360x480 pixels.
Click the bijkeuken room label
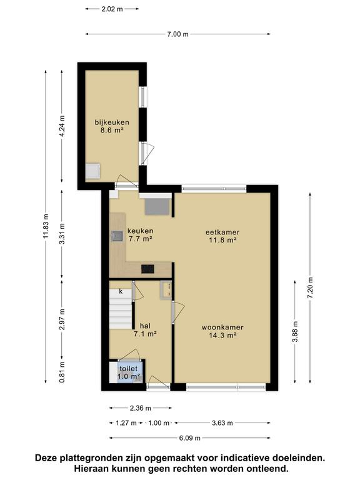tap(112, 122)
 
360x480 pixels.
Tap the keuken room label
tap(141, 231)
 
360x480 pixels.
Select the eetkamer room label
tap(222, 232)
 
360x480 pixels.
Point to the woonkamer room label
tap(222, 327)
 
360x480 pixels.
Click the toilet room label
tap(129, 369)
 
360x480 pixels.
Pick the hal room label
tap(145, 326)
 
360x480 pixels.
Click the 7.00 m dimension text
tap(178, 34)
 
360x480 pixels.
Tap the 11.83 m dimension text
tap(46, 226)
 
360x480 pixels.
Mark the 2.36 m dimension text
tap(141, 408)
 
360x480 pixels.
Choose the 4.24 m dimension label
tap(62, 127)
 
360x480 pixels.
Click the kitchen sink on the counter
tap(117, 236)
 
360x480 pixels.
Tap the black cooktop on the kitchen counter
tap(147, 269)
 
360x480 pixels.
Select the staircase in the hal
tap(121, 309)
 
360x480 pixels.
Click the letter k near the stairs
tap(121, 291)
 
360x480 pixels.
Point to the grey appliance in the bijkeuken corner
tap(92, 171)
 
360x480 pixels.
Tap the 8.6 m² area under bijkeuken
tap(112, 131)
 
